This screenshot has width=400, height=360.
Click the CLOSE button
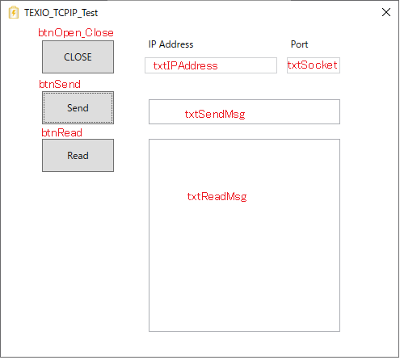[x=78, y=57]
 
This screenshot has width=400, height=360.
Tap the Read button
[x=78, y=155]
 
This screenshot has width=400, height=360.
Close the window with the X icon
[x=386, y=12]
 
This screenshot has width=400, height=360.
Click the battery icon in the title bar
[x=14, y=12]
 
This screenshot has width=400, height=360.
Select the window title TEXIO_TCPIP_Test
[x=61, y=13]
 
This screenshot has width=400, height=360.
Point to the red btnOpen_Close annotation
[x=76, y=33]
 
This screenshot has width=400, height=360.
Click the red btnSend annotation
[x=60, y=84]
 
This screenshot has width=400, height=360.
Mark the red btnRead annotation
[x=61, y=132]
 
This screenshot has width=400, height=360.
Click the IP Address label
[x=171, y=44]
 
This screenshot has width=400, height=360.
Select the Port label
[x=299, y=44]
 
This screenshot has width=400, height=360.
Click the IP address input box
[x=211, y=65]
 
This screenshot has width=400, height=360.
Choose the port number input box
[x=314, y=65]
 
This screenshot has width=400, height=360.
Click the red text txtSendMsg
[x=215, y=114]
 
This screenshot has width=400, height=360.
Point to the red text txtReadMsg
[x=217, y=196]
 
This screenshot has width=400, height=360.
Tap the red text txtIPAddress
[x=185, y=65]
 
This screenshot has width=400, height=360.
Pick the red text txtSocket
[x=312, y=65]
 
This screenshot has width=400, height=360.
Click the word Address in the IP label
[x=176, y=44]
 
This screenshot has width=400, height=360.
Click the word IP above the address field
[x=152, y=44]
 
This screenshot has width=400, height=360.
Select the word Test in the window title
[x=90, y=13]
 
